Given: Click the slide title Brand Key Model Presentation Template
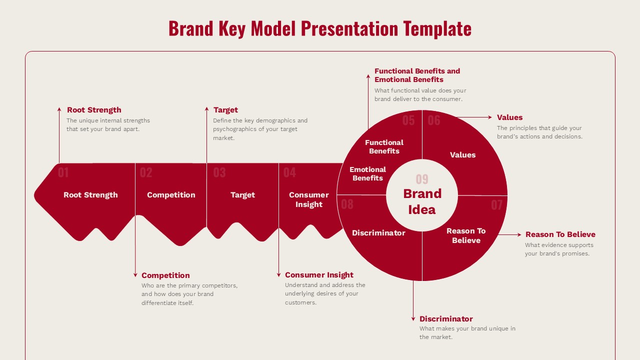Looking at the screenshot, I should [320, 28].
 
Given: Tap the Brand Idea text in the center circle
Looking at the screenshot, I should [422, 201].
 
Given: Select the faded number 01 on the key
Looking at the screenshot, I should [63, 172].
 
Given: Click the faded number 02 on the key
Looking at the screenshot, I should [146, 172].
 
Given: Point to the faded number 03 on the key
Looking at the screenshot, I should [219, 172].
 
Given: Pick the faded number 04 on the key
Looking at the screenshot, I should [289, 172].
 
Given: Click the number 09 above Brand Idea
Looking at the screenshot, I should [422, 179].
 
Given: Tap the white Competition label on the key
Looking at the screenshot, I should [171, 195].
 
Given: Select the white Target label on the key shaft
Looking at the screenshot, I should [242, 195].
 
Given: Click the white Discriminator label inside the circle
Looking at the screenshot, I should [378, 233].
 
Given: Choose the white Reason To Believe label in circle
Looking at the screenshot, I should [466, 235].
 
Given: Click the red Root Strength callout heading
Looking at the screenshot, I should [94, 110].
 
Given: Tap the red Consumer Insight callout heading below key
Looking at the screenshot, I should [319, 275].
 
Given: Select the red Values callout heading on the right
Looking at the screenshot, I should [509, 117].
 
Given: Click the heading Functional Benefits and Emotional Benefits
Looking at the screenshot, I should [417, 75].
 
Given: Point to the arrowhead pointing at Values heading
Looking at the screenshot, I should [489, 117].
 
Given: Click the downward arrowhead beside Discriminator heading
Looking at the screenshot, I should [413, 318].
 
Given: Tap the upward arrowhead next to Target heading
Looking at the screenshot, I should [206, 108].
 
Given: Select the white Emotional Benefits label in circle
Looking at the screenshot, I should [367, 173].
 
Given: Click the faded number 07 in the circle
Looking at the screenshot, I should [496, 205].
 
